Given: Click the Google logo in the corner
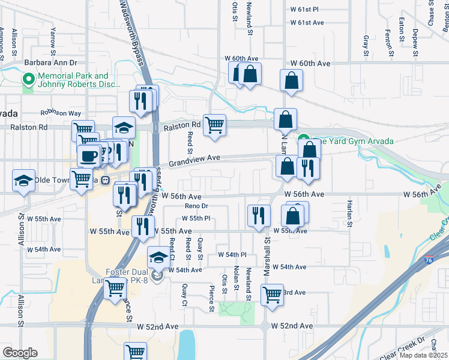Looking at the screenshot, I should point(20,353).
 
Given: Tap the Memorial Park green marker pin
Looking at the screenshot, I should point(28,79).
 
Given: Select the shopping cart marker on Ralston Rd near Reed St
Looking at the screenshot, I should point(214,125).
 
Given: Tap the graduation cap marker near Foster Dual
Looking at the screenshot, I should point(158,257).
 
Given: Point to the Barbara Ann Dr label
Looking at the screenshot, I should point(51,62).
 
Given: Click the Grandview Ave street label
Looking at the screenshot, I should point(195,161).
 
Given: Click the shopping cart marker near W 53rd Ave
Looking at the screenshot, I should point(272,295).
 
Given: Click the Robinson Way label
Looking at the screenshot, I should point(61,113).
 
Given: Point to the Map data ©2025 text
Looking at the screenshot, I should point(424,355).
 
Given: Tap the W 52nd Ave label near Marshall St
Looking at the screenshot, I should point(292,326).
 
